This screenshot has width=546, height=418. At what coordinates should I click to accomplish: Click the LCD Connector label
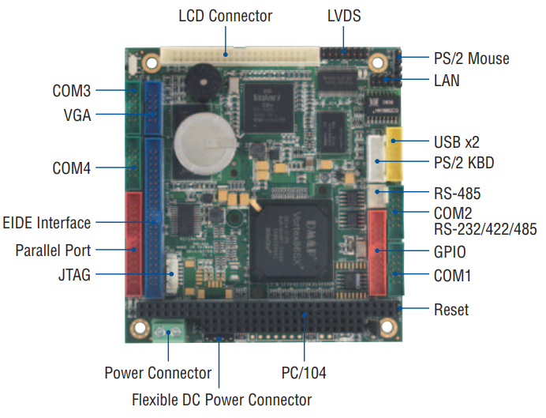pos(226,16)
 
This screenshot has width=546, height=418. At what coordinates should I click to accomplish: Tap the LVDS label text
pos(344,16)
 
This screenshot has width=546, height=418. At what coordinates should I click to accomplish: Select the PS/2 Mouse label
pos(472,58)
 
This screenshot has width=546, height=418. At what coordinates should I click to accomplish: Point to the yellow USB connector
pos(395,154)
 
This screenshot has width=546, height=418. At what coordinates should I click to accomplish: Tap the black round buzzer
pos(203,82)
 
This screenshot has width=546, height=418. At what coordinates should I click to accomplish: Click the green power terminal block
pos(168,330)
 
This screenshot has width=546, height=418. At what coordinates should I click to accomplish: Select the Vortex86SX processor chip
pos(291,240)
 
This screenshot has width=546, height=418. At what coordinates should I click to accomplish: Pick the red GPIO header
pos(378,252)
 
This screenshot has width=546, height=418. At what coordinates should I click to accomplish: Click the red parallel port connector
pos(133,244)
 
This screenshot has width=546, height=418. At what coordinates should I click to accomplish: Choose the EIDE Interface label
pos(47,223)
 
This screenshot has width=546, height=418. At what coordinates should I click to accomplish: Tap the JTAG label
pos(74,275)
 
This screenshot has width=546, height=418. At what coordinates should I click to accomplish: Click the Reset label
pos(451,310)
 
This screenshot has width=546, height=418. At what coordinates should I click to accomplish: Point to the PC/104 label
pos(304,373)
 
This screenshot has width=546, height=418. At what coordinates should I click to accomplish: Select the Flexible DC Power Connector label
pos(222,400)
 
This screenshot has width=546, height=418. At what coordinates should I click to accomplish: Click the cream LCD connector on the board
pos(240,56)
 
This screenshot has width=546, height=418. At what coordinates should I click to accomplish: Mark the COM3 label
pos(71,91)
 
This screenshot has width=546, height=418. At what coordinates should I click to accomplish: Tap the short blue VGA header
pos(153,108)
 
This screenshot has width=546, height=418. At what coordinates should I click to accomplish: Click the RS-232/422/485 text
pos(485,229)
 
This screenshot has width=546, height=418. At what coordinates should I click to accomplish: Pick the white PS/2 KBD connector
pos(376,159)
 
